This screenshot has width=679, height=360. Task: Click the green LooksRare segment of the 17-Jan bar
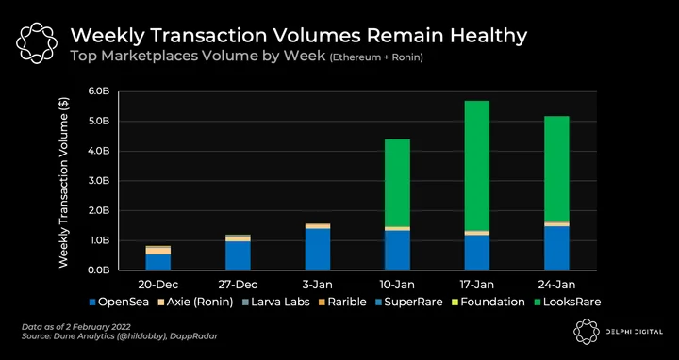pos(477,166)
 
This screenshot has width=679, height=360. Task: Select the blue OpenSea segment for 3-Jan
pos(318,249)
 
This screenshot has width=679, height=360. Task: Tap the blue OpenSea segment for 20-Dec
pos(158,262)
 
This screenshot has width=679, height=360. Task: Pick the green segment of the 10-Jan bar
pos(397,183)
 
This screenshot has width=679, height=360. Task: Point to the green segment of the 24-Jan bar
pos(556,169)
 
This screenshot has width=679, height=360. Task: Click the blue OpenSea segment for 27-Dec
pos(238,255)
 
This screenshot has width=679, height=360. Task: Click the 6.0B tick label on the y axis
pos(100,91)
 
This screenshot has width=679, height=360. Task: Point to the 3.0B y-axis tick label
pos(100,181)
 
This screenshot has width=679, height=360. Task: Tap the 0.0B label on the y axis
pos(100,270)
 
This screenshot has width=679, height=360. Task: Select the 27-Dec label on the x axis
pos(238,285)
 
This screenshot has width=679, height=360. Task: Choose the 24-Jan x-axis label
pos(557,285)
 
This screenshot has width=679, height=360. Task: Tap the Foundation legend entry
pos(488,302)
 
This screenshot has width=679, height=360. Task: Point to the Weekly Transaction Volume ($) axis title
pos(64,182)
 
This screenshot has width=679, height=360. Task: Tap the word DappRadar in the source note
pos(198,336)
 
